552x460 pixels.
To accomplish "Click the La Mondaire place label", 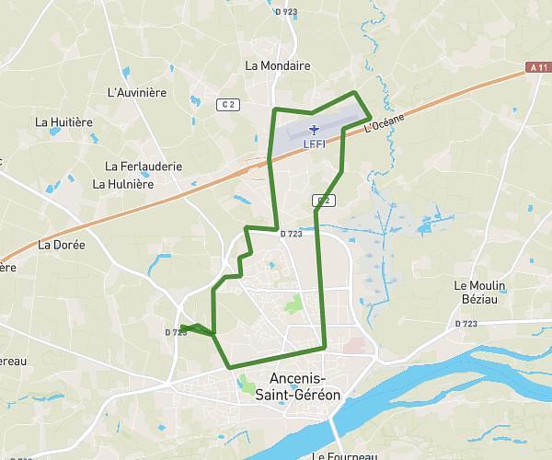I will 278,66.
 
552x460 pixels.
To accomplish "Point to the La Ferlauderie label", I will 144,167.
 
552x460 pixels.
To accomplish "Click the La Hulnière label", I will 122,184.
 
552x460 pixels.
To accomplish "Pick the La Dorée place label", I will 62,246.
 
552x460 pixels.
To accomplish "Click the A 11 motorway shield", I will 538,67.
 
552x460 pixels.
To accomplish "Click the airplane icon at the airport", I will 314,130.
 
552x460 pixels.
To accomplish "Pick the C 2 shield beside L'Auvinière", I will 228,104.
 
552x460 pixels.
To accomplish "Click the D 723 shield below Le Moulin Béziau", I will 467,324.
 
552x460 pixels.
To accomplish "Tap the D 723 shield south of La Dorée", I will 176,332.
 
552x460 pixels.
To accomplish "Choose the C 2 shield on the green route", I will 322,201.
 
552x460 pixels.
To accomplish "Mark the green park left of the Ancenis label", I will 247,381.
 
